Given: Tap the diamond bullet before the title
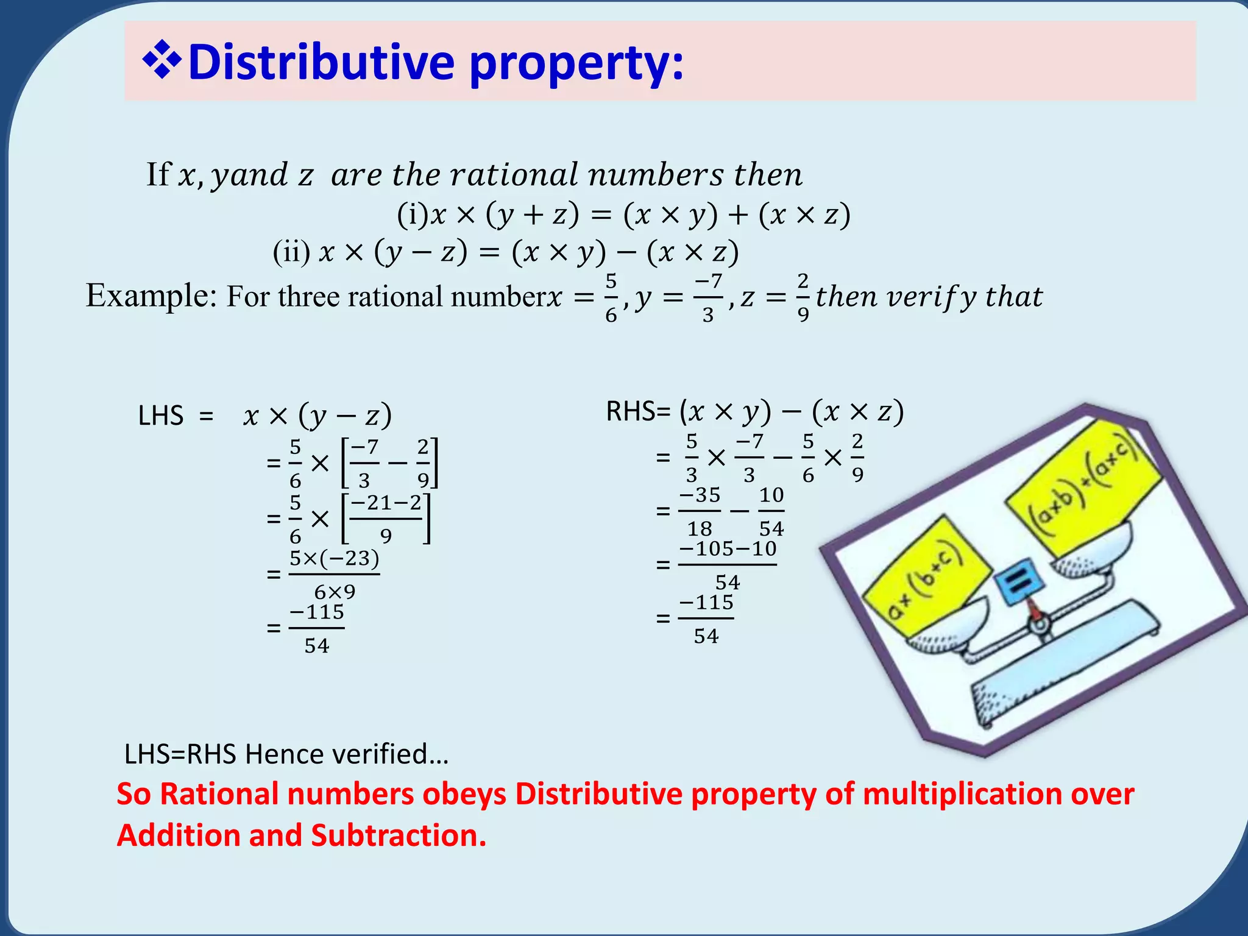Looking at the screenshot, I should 161,61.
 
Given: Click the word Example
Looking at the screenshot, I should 151,296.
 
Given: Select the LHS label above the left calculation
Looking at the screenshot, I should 160,416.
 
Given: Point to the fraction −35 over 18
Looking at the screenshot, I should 700,511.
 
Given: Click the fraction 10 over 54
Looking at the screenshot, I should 771,511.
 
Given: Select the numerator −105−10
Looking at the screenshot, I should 728,549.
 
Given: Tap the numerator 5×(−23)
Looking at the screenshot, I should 334,558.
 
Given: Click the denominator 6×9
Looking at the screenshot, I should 335,592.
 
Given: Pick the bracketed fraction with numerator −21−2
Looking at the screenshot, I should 386,519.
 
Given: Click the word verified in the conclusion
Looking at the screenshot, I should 389,754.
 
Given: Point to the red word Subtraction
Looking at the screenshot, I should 399,835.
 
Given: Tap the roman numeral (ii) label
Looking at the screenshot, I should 291,252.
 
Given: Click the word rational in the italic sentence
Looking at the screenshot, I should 512,175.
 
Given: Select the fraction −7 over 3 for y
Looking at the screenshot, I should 708,298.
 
